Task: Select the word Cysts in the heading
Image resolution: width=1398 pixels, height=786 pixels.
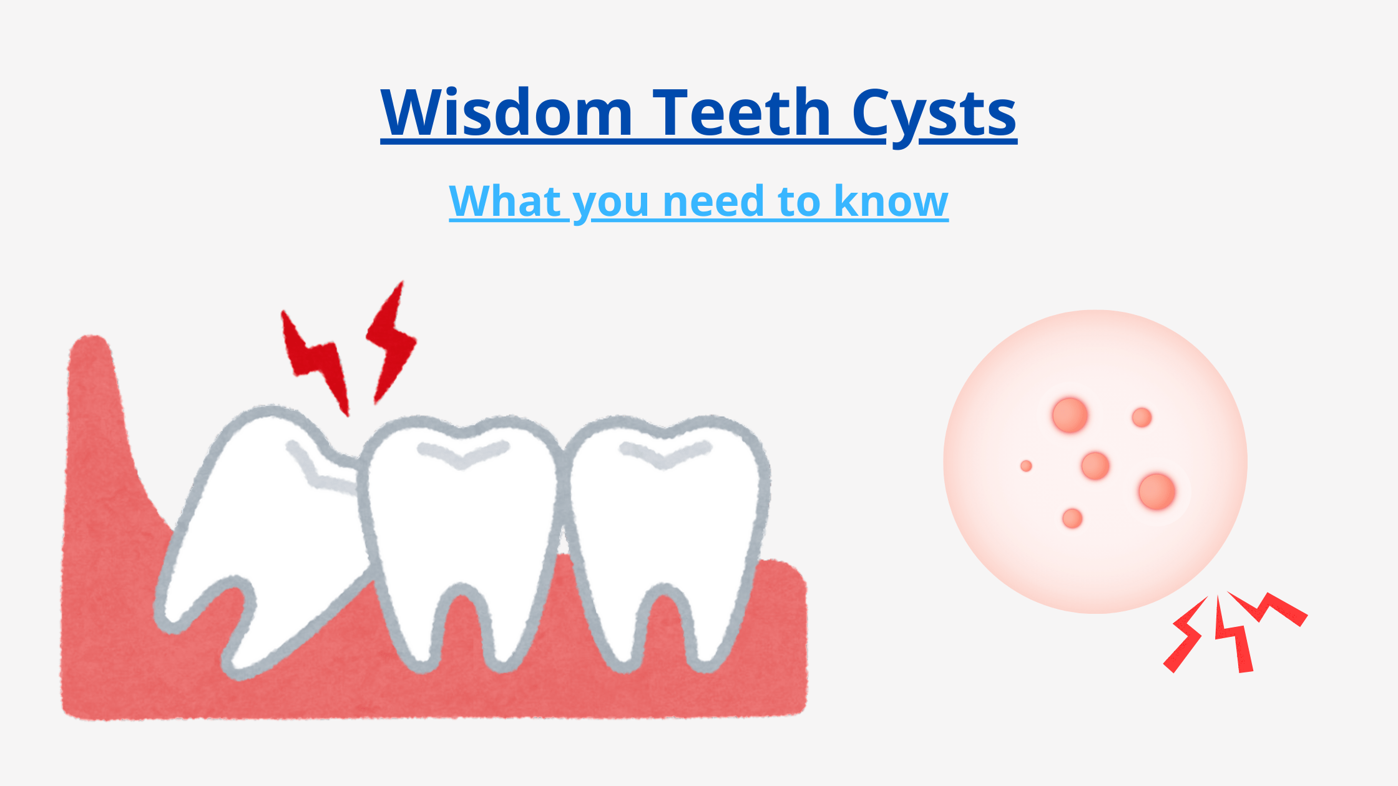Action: [934, 114]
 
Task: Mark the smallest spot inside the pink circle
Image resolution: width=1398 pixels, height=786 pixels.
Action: [1026, 466]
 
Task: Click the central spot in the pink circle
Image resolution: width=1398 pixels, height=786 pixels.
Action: [1095, 466]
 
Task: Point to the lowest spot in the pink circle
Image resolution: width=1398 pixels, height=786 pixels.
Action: [1072, 518]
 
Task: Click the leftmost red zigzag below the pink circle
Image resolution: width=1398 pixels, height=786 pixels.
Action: [1186, 636]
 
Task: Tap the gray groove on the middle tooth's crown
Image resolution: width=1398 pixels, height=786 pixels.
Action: [462, 455]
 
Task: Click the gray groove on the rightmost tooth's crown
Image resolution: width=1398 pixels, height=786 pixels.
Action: [665, 455]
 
